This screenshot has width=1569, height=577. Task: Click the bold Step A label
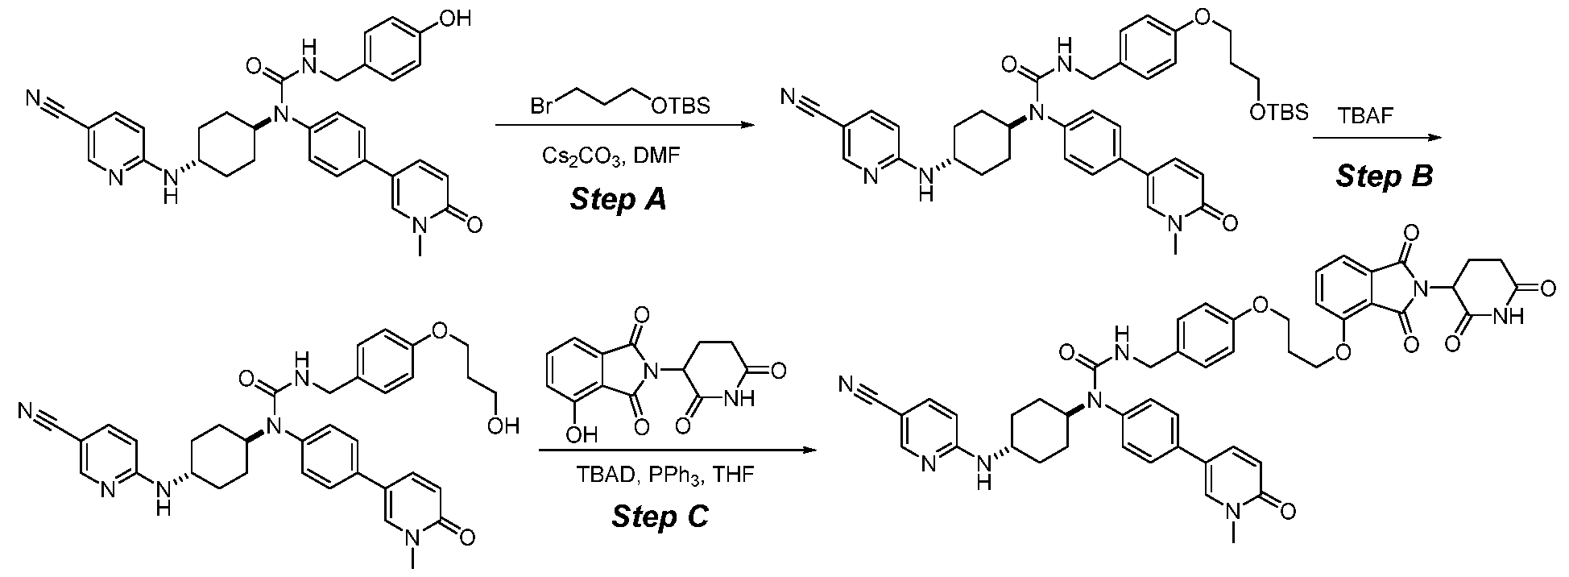(x=618, y=198)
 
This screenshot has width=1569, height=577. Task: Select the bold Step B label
(x=1385, y=176)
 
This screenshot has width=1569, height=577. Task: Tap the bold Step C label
(x=660, y=516)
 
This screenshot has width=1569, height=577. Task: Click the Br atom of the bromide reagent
(x=540, y=106)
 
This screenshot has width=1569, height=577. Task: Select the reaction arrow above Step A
(x=619, y=126)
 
